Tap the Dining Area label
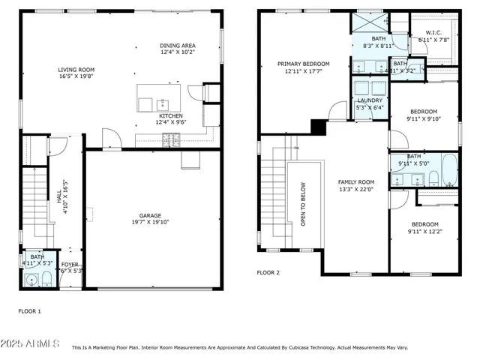click(x=177, y=46)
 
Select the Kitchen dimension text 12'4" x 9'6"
click(x=170, y=122)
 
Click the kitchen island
click(x=160, y=99)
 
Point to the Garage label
click(x=150, y=214)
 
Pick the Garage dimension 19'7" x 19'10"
click(x=150, y=222)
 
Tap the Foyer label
click(x=70, y=263)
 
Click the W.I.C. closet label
click(x=433, y=32)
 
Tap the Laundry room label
click(x=369, y=100)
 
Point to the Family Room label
click(x=355, y=182)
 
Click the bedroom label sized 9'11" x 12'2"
click(x=423, y=224)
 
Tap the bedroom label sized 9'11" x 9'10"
click(x=423, y=111)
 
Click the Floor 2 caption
click(x=268, y=273)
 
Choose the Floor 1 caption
click(x=29, y=310)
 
